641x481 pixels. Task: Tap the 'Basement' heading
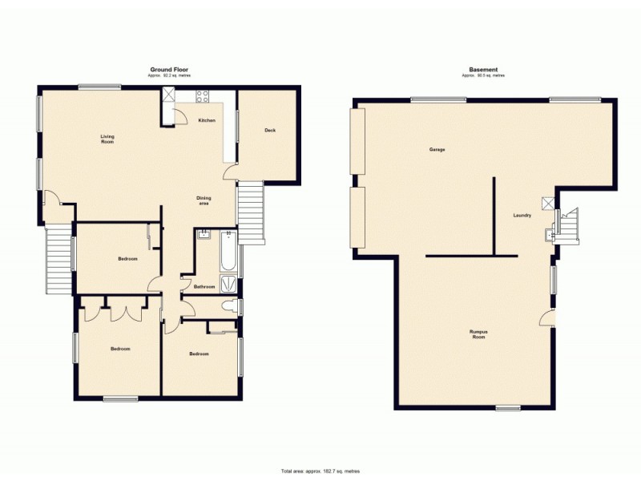pyautogui.click(x=483, y=70)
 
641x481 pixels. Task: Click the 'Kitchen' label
pyautogui.click(x=207, y=120)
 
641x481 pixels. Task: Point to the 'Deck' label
pyautogui.click(x=270, y=131)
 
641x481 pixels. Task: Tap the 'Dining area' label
pyautogui.click(x=204, y=201)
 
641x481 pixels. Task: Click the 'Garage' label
pyautogui.click(x=437, y=150)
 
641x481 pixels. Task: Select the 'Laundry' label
pyautogui.click(x=523, y=215)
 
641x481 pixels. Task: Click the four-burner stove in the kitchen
pyautogui.click(x=202, y=97)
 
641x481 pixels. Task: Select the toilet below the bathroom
pyautogui.click(x=230, y=307)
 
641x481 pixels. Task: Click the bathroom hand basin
pyautogui.click(x=204, y=235)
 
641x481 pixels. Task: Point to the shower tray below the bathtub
pyautogui.click(x=228, y=283)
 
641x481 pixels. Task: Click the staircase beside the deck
pyautogui.click(x=252, y=212)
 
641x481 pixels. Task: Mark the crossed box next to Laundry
pyautogui.click(x=548, y=203)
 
